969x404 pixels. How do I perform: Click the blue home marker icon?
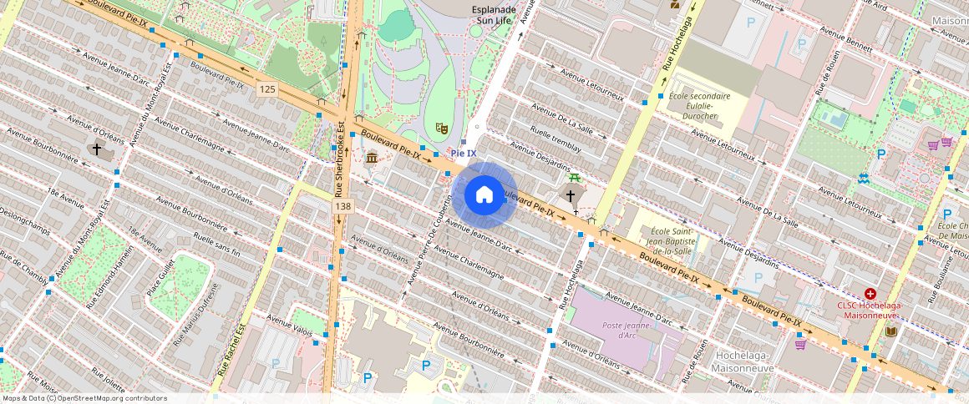click(x=484, y=195)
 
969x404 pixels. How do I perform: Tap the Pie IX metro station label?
click(x=464, y=153)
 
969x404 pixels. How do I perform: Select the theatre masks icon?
click(x=441, y=128)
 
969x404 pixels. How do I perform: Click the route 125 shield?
click(x=267, y=89)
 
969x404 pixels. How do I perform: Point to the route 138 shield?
click(x=342, y=205)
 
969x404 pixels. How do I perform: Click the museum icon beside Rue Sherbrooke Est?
click(x=370, y=158)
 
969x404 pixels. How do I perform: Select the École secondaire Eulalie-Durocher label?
click(x=699, y=106)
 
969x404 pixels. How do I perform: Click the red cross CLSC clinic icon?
click(x=870, y=294)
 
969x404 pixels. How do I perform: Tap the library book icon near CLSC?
click(x=891, y=331)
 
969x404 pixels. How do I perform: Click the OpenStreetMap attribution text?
click(x=84, y=398)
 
